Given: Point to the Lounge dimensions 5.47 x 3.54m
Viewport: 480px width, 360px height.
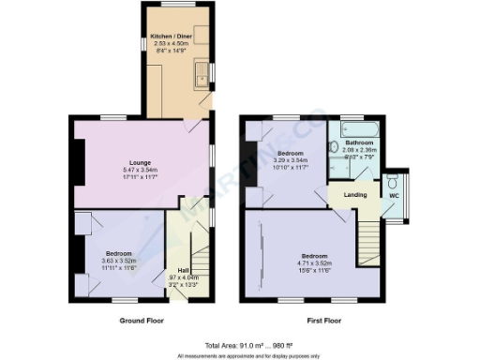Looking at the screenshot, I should click(x=141, y=170).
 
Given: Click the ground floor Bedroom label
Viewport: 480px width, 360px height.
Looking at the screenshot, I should click(x=118, y=253).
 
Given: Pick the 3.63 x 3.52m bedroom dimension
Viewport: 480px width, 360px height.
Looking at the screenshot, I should click(x=118, y=261).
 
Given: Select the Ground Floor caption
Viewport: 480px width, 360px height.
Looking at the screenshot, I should click(x=143, y=322).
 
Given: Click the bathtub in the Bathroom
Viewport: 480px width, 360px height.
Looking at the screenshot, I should click(x=359, y=129).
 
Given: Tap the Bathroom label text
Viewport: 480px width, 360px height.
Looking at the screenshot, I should click(x=358, y=142).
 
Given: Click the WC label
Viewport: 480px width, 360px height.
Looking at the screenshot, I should click(x=394, y=196).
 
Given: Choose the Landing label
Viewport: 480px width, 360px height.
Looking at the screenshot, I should click(x=354, y=194).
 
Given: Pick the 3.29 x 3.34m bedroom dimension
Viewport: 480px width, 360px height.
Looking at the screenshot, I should click(x=289, y=159).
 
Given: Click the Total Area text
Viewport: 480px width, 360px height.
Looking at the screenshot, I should click(x=240, y=345).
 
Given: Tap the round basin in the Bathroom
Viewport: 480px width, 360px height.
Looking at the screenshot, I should click(x=335, y=146).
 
